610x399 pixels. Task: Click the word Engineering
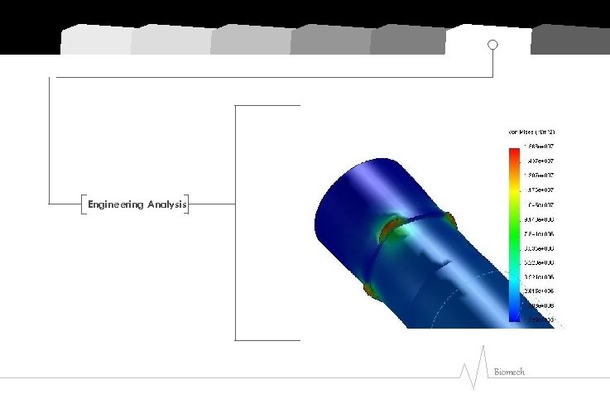coord(116,204)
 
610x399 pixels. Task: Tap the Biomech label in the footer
coord(509,373)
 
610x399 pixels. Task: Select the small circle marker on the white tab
coord(492,45)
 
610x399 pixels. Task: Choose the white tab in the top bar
coord(487,39)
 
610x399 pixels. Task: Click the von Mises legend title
coord(531,132)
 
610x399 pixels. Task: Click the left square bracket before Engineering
coord(84,204)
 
